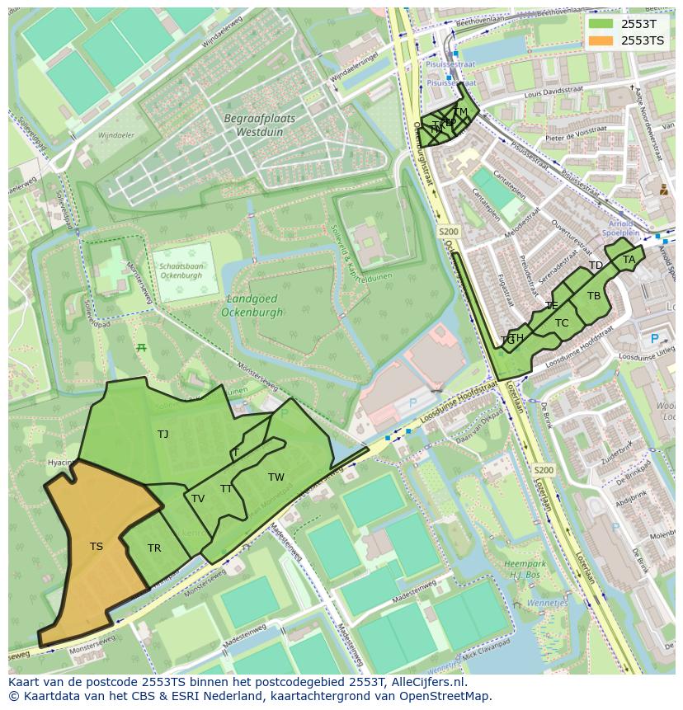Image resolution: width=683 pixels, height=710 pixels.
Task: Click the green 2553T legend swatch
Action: click(601, 24)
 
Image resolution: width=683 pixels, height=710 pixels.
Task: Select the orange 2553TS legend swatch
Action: click(601, 40)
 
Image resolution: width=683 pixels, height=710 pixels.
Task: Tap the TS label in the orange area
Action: click(97, 547)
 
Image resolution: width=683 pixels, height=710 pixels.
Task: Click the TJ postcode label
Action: click(163, 434)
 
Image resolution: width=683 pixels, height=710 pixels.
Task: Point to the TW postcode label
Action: click(276, 477)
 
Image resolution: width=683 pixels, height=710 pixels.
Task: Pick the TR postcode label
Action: click(154, 548)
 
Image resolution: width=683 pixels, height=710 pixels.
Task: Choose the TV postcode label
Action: click(198, 499)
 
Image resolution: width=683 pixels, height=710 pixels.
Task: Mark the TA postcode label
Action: click(629, 260)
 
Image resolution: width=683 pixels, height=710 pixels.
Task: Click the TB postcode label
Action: click(594, 296)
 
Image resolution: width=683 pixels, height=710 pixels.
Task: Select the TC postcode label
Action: click(562, 323)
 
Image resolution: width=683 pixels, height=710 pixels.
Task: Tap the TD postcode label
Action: click(596, 266)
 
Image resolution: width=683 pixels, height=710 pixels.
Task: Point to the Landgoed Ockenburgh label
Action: click(252, 306)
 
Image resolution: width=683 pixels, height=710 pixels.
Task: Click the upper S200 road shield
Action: click(449, 233)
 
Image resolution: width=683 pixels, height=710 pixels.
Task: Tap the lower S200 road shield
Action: click(544, 470)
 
